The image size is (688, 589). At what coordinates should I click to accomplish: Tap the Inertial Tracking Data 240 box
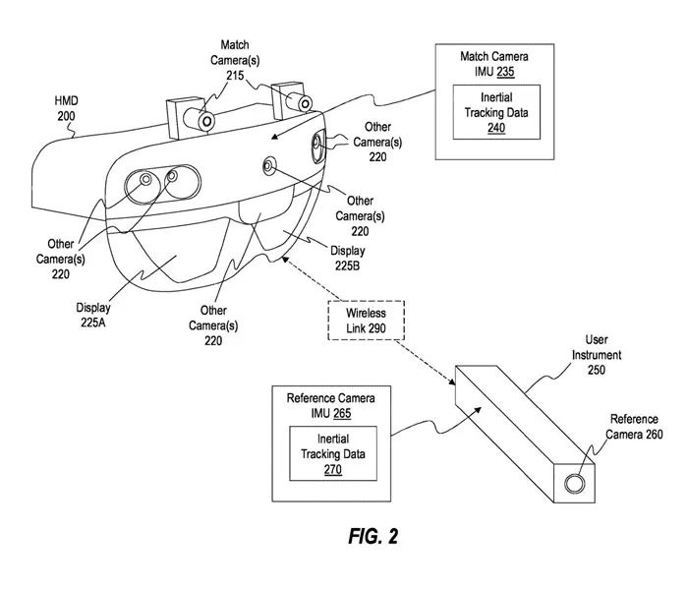pos(495,114)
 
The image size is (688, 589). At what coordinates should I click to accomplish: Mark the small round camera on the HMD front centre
pos(268,165)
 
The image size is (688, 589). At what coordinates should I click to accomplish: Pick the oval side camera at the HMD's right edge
pos(318,147)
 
